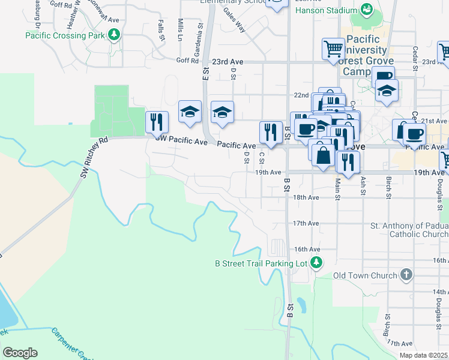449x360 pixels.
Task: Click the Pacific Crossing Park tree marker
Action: click(112, 35)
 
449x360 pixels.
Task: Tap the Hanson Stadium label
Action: click(324, 10)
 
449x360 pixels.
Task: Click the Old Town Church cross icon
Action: click(406, 275)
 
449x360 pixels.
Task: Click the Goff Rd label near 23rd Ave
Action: click(187, 61)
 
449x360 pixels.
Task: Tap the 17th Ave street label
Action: click(306, 223)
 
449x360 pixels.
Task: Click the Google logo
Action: click(20, 353)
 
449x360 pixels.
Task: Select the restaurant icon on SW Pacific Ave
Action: click(157, 122)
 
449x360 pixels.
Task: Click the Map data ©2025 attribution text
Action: click(423, 355)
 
